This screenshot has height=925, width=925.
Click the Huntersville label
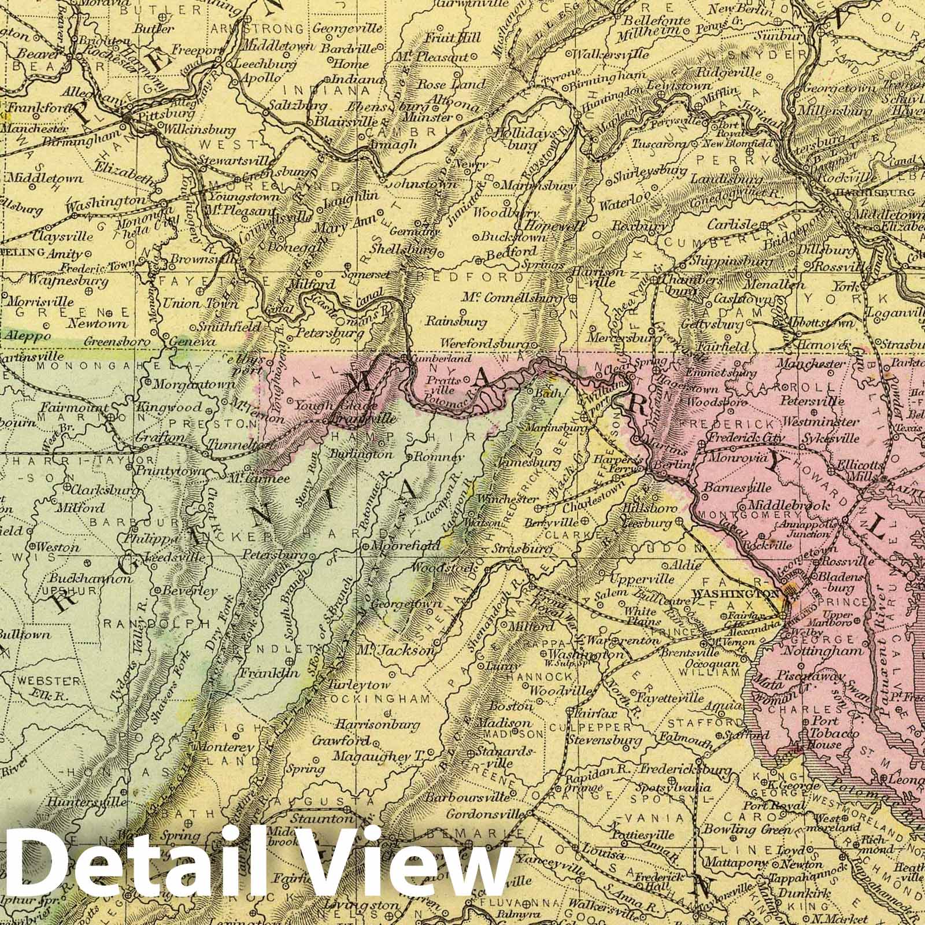click(x=87, y=802)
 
